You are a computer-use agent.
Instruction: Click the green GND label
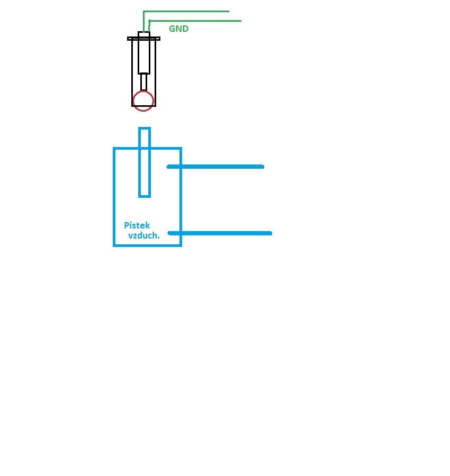(178, 29)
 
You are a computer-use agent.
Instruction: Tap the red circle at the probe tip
(143, 101)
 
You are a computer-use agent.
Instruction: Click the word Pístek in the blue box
(137, 226)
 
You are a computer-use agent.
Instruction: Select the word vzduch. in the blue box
(144, 236)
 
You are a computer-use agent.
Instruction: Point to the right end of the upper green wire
(228, 11)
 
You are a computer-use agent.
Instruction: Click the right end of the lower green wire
(240, 21)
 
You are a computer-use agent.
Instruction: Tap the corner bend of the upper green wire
(144, 12)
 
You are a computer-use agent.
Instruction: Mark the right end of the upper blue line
(262, 167)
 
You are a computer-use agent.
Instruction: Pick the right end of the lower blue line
(270, 233)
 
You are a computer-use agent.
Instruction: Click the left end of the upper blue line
(169, 167)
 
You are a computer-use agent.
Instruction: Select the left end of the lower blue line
(169, 233)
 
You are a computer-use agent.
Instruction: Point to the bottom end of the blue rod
(145, 196)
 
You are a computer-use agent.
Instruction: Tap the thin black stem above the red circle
(143, 82)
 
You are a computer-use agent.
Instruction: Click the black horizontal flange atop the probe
(144, 38)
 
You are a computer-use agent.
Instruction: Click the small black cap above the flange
(144, 34)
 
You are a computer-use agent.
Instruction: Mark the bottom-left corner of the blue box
(114, 245)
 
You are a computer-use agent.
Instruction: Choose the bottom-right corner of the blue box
(181, 245)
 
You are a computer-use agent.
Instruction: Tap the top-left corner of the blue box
(114, 149)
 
